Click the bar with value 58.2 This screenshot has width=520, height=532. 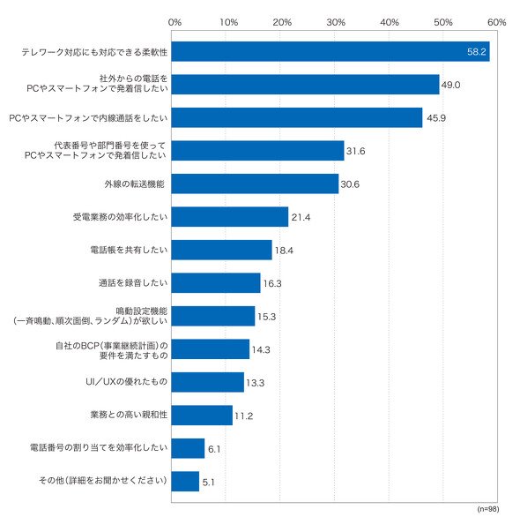[x=331, y=51]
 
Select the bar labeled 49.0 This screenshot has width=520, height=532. [x=306, y=85]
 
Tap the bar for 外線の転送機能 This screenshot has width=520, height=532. [x=255, y=184]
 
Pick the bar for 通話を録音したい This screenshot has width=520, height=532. [x=216, y=283]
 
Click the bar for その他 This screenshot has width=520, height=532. [x=185, y=482]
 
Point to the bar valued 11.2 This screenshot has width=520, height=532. [x=202, y=416]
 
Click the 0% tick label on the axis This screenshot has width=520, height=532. [x=175, y=22]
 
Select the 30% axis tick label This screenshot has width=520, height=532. [x=336, y=22]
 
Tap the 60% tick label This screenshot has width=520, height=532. [x=497, y=22]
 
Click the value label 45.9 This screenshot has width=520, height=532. [x=436, y=118]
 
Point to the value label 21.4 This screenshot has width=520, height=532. [x=301, y=217]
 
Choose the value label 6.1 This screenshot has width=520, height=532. [x=214, y=449]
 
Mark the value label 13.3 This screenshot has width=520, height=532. [x=256, y=383]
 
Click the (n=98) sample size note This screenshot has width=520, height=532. [x=488, y=509]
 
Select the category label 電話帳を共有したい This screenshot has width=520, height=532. [x=129, y=250]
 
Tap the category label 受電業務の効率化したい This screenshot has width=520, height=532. [x=121, y=217]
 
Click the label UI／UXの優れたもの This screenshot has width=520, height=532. [x=126, y=382]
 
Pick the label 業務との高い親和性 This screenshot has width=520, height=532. [x=129, y=415]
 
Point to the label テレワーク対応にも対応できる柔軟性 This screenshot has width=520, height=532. [x=94, y=52]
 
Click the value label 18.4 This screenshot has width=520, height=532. [x=284, y=251]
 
